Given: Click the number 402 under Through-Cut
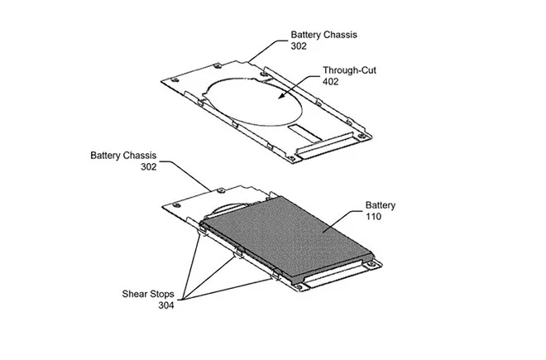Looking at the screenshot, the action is coord(330,82).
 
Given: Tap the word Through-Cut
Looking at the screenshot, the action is coord(349,70).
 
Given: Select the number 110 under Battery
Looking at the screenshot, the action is coord(373,217).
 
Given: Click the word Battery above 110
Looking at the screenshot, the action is coord(381,205).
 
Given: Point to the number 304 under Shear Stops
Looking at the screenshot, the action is coord(166,305).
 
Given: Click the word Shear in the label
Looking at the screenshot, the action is coord(135,294).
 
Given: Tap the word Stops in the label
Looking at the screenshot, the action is coord(162,295).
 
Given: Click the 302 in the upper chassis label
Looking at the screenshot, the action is coord(299,46).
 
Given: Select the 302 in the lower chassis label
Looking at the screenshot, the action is coord(149,167).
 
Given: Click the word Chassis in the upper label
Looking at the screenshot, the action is coord(340,35).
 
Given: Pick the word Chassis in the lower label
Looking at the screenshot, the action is coord(139,156).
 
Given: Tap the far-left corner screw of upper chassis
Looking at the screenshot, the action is coord(175,80).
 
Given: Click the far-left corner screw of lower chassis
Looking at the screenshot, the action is coord(176,205).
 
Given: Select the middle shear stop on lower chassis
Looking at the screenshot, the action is coord(239,252).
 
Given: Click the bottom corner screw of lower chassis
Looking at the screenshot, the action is coord(298,287).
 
